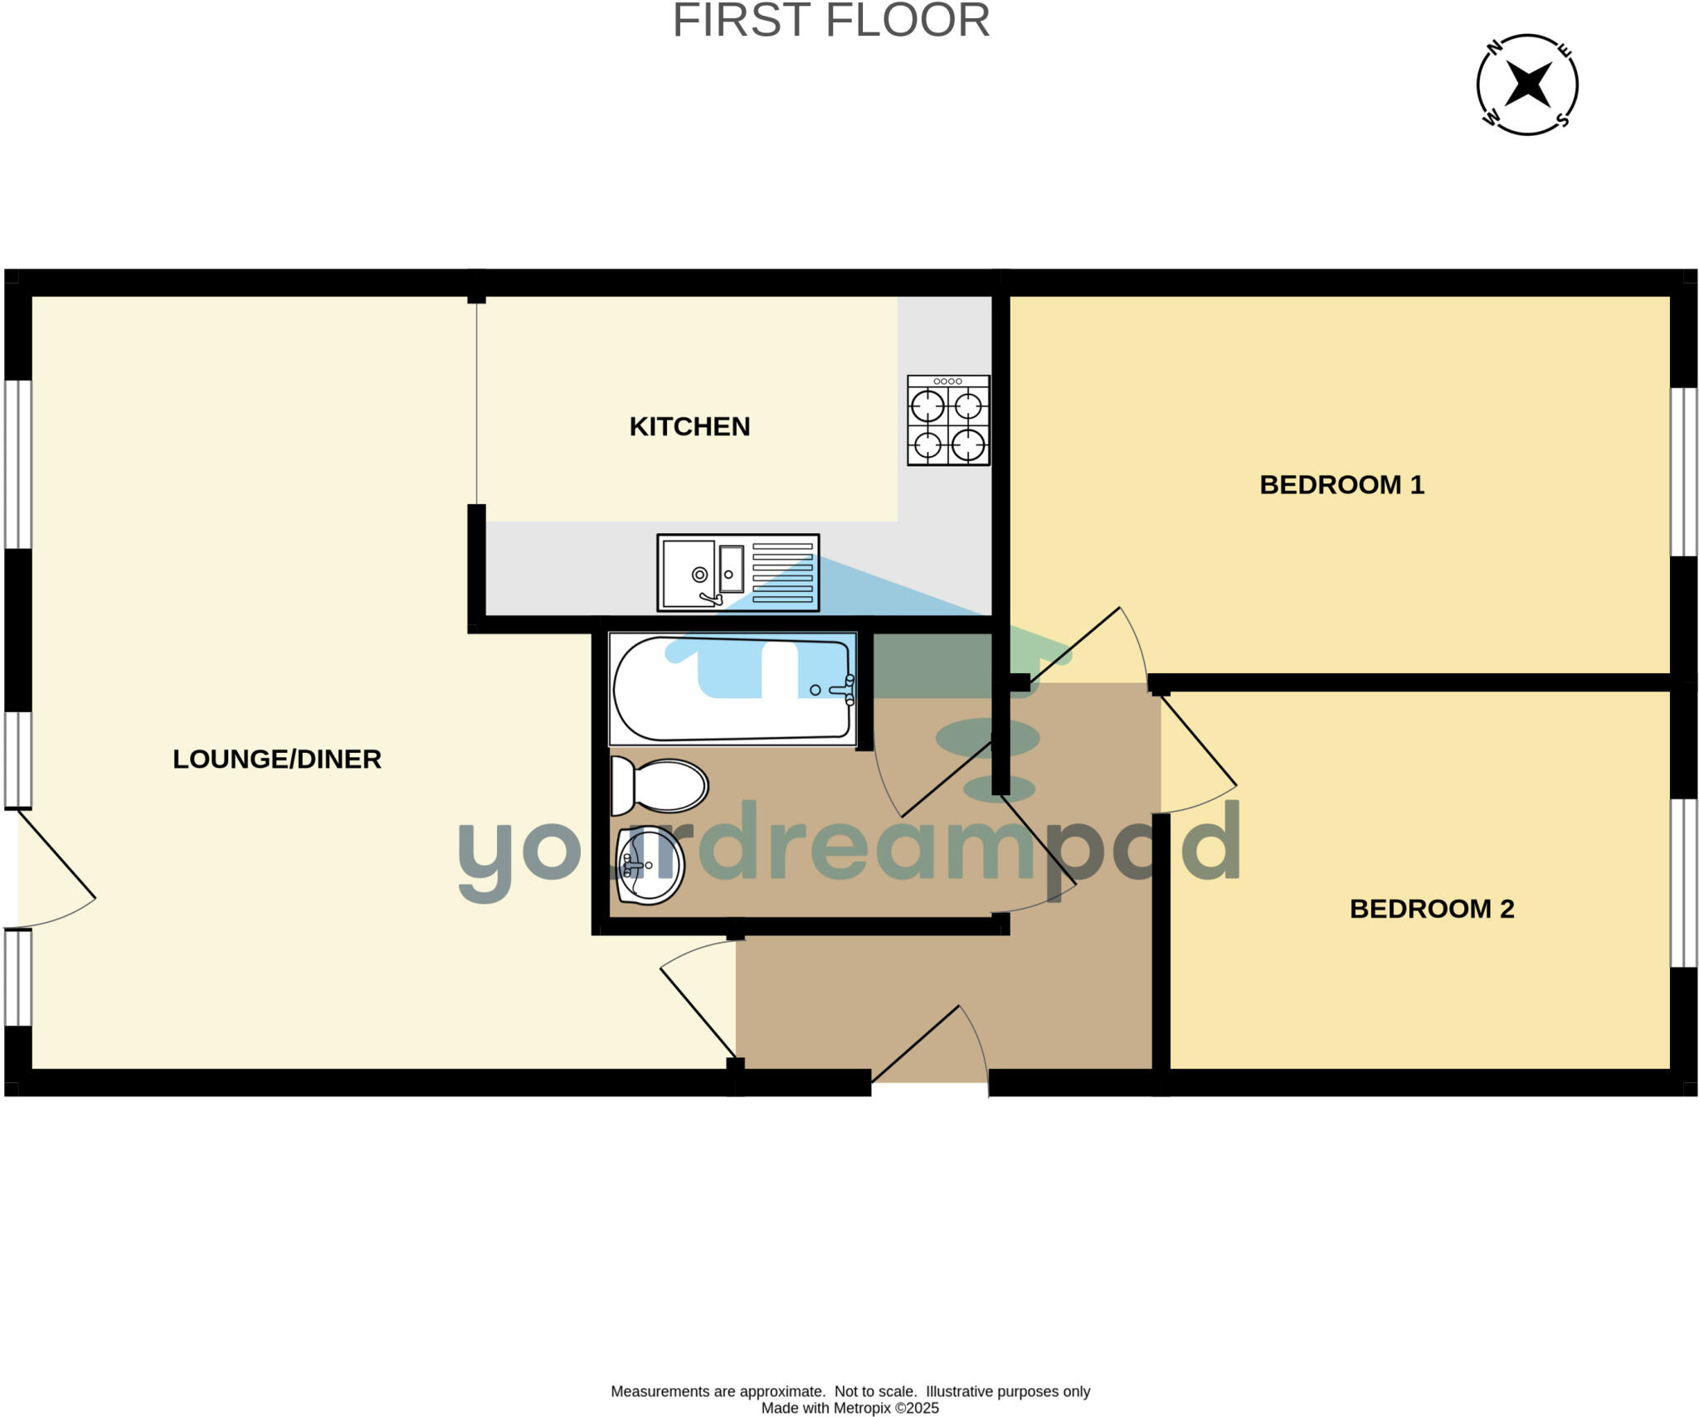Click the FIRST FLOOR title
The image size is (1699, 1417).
pyautogui.click(x=830, y=21)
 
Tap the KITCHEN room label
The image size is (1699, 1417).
pyautogui.click(x=689, y=426)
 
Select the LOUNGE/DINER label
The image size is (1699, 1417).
pyautogui.click(x=276, y=759)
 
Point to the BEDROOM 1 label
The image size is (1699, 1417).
pyautogui.click(x=1341, y=485)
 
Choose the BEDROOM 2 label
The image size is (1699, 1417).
pyautogui.click(x=1432, y=909)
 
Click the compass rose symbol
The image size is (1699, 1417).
pyautogui.click(x=1527, y=85)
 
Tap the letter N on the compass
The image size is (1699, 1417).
pyautogui.click(x=1495, y=47)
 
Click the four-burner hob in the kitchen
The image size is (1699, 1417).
pyautogui.click(x=948, y=420)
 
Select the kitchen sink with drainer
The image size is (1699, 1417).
pyautogui.click(x=738, y=573)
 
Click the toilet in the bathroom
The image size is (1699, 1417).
pyautogui.click(x=660, y=785)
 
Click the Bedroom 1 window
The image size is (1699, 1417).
pyautogui.click(x=1683, y=472)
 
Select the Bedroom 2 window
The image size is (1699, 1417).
pyautogui.click(x=1683, y=882)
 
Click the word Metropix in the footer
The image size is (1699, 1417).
pyautogui.click(x=862, y=1408)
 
